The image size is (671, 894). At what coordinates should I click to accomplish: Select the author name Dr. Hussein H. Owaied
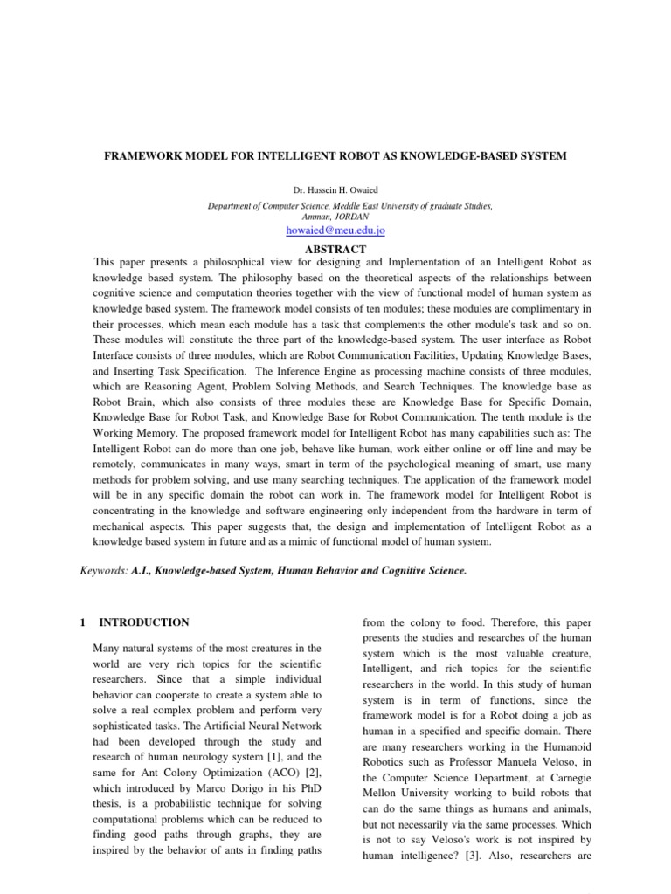[x=335, y=189]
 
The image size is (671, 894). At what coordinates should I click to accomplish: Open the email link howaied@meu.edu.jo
[x=335, y=230]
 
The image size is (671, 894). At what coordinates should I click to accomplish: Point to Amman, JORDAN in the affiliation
[x=335, y=216]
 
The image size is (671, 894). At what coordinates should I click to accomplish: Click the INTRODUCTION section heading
[x=144, y=622]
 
